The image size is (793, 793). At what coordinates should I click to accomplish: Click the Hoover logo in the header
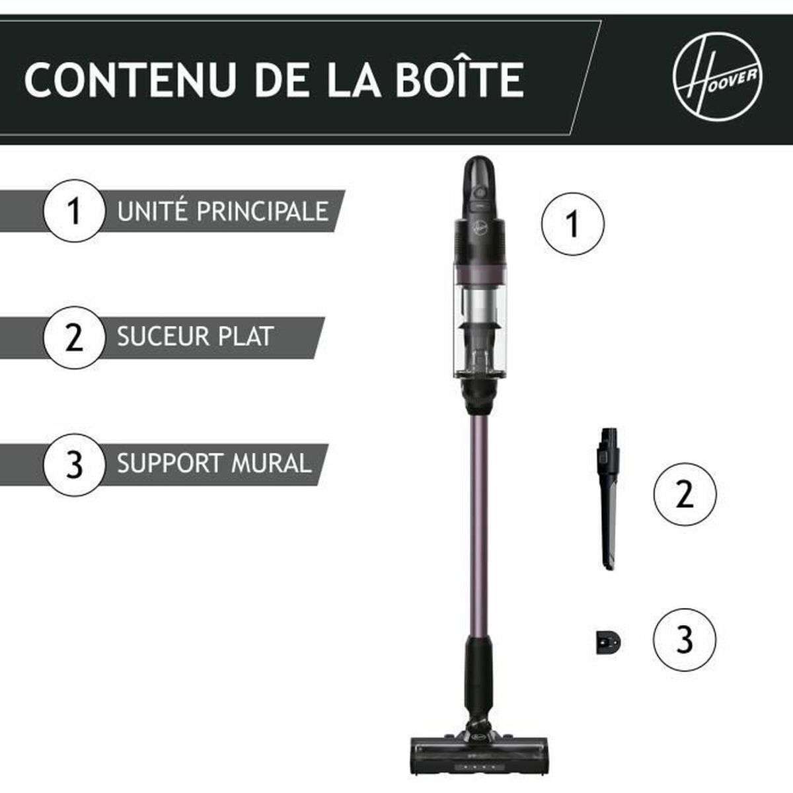pyautogui.click(x=718, y=77)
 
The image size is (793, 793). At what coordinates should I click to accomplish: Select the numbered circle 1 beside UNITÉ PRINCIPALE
pyautogui.click(x=74, y=211)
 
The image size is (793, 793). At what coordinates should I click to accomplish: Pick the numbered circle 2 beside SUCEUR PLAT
pyautogui.click(x=74, y=337)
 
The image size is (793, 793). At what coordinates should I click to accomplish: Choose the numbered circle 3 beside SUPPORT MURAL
pyautogui.click(x=74, y=465)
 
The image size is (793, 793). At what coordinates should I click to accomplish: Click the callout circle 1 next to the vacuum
pyautogui.click(x=572, y=224)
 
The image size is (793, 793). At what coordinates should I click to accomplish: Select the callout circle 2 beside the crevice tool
pyautogui.click(x=685, y=494)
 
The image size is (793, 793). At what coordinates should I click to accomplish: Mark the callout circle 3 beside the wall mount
pyautogui.click(x=685, y=639)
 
